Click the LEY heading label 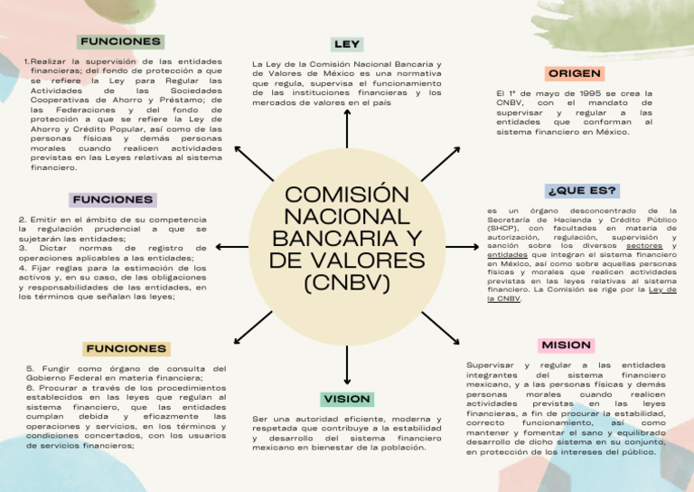point(347,44)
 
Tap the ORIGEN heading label point(575,73)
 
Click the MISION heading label point(567,345)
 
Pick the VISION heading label point(347,399)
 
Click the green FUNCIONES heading point(120,42)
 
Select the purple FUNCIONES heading point(113,199)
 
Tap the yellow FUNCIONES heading point(126,348)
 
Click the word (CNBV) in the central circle point(347,282)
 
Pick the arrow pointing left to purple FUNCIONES point(233,246)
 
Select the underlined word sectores point(643,245)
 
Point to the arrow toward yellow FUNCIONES point(253,327)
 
